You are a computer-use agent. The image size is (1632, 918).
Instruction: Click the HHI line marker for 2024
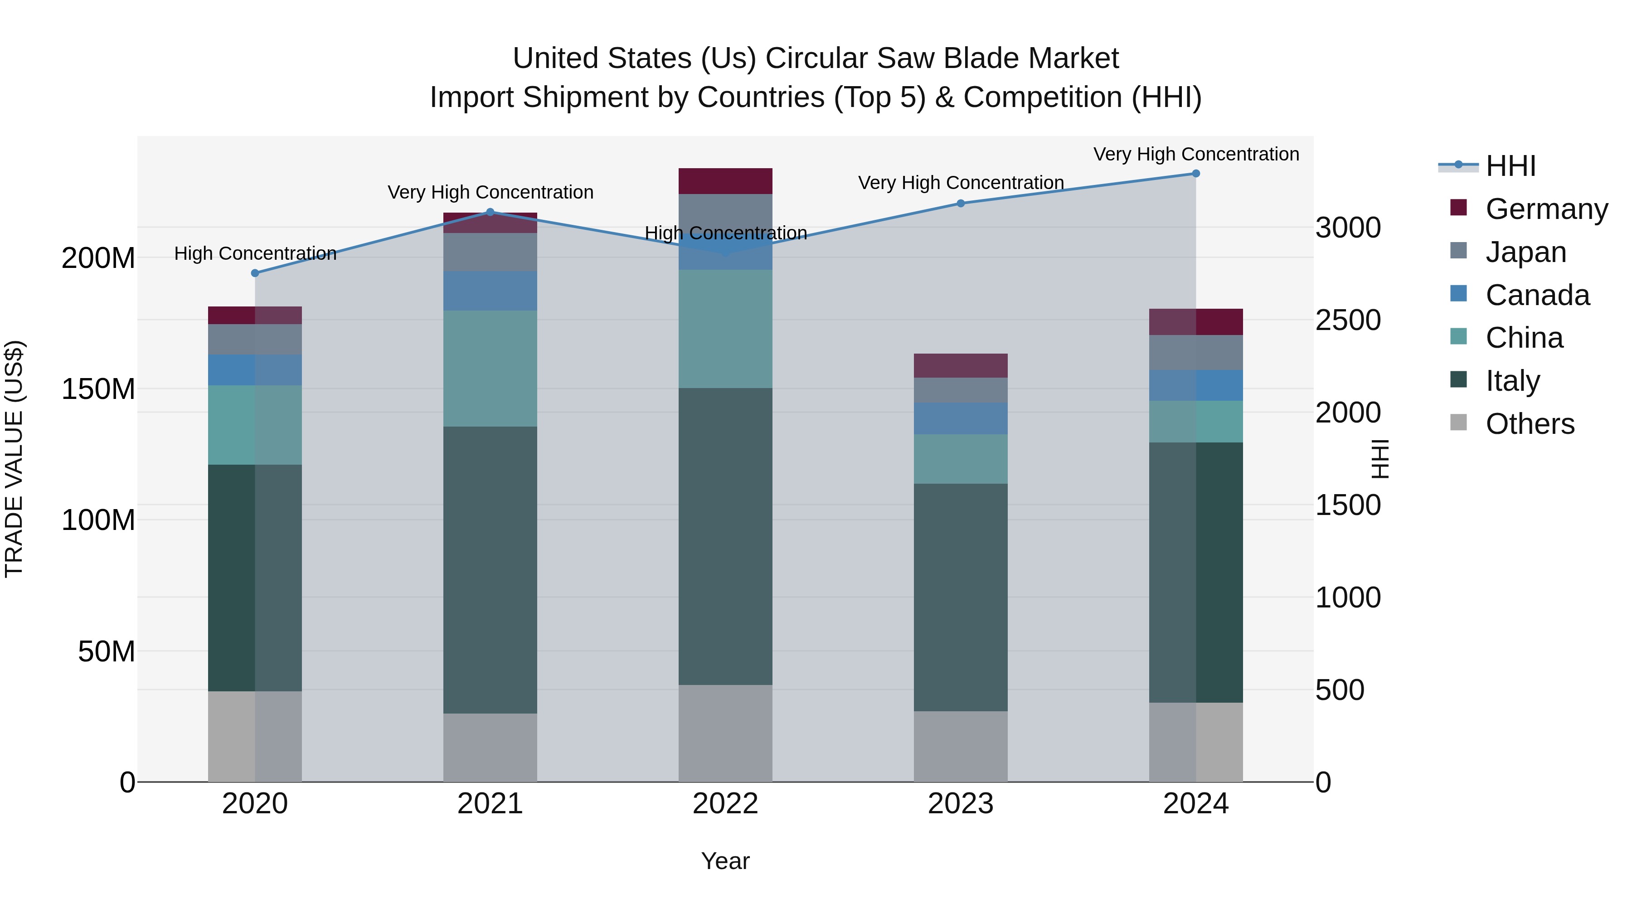(x=1195, y=174)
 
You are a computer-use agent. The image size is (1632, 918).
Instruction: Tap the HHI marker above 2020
(x=255, y=273)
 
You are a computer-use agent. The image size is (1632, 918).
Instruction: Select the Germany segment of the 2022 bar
(x=725, y=181)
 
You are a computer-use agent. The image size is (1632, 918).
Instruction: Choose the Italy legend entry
(x=1512, y=381)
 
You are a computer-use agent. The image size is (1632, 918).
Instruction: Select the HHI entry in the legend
(x=1511, y=166)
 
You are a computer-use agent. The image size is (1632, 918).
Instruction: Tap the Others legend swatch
(x=1458, y=423)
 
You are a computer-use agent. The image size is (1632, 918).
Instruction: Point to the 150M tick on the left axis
(x=98, y=389)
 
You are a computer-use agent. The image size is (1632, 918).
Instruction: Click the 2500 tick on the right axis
(x=1348, y=320)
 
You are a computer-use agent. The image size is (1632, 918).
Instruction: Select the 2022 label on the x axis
(x=725, y=804)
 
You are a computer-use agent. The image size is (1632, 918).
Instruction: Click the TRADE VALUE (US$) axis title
(x=14, y=459)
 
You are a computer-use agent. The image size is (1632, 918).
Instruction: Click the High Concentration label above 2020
(x=255, y=253)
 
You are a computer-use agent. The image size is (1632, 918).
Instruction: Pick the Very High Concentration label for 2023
(x=961, y=182)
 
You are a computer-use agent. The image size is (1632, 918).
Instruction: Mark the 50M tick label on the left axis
(x=107, y=651)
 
